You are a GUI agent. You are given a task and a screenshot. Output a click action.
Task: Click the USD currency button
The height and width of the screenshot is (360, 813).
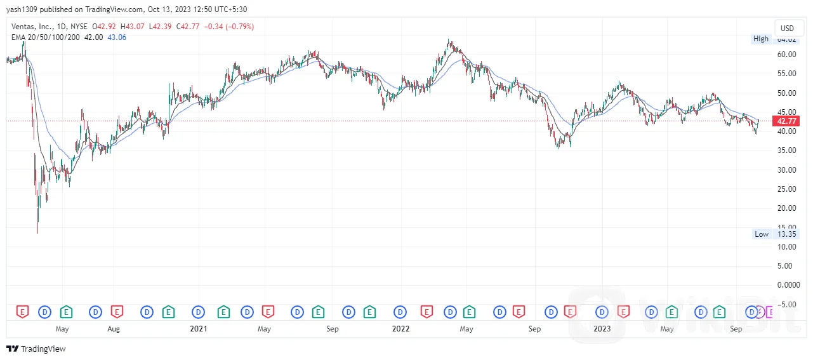(x=787, y=28)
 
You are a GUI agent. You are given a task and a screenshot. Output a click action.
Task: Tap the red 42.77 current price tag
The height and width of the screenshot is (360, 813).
(x=786, y=121)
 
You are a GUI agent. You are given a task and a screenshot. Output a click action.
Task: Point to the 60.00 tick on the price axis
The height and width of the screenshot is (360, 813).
(x=786, y=54)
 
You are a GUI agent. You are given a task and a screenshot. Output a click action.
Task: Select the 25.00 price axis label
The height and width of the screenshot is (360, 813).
(x=786, y=189)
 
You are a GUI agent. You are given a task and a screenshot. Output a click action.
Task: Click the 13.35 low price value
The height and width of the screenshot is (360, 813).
(x=787, y=234)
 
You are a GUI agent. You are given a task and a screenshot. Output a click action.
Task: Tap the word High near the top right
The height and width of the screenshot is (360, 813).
(x=761, y=39)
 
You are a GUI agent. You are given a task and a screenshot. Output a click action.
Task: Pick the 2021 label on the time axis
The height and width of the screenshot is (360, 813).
(x=199, y=329)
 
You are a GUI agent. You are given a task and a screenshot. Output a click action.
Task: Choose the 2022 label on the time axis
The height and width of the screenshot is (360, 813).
(x=400, y=329)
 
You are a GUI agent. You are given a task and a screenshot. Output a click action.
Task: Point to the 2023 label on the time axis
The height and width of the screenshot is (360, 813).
(x=602, y=329)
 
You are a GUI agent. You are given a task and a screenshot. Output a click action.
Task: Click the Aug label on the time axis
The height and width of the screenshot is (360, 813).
(x=114, y=329)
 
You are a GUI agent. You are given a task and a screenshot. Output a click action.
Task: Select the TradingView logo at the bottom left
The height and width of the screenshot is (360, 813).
(x=36, y=349)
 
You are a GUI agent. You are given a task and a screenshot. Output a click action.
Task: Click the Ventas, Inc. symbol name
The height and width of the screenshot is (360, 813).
(x=31, y=27)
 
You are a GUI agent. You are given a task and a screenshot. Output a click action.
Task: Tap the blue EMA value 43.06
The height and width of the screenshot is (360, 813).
(x=117, y=37)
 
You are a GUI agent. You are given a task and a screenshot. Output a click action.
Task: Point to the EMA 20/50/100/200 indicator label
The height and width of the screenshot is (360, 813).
(x=45, y=37)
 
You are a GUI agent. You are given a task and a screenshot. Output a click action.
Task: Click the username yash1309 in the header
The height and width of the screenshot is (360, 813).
(x=22, y=10)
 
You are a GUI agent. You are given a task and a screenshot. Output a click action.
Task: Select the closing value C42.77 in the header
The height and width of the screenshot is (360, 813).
(x=189, y=27)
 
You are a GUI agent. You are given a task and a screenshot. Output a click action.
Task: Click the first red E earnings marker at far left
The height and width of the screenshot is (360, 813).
(x=23, y=312)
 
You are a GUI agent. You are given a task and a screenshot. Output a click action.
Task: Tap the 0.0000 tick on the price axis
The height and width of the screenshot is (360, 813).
(x=786, y=284)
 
